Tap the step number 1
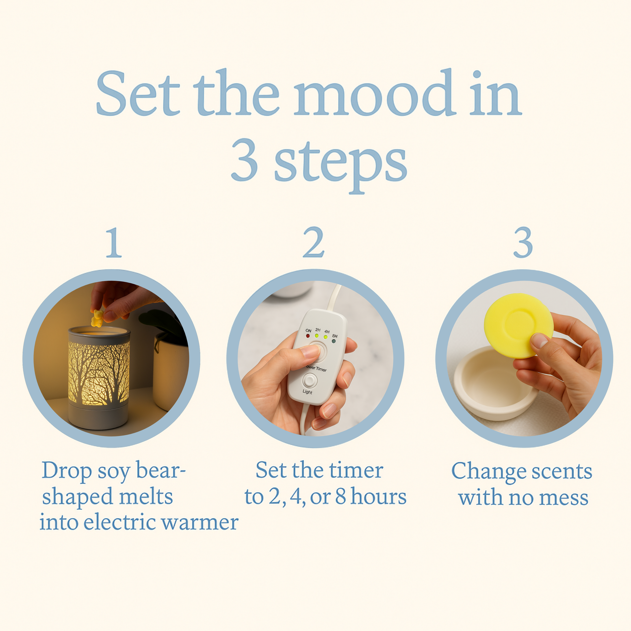click(114, 242)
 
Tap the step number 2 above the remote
click(314, 242)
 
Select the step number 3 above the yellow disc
click(523, 242)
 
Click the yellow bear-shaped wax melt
click(97, 318)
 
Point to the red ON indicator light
click(308, 336)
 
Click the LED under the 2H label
click(316, 335)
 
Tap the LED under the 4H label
click(326, 337)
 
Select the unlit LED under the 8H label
click(334, 341)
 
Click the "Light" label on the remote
click(307, 392)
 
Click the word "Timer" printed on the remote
click(321, 369)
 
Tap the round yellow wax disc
click(518, 325)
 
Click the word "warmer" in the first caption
click(200, 522)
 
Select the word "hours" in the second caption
click(378, 497)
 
